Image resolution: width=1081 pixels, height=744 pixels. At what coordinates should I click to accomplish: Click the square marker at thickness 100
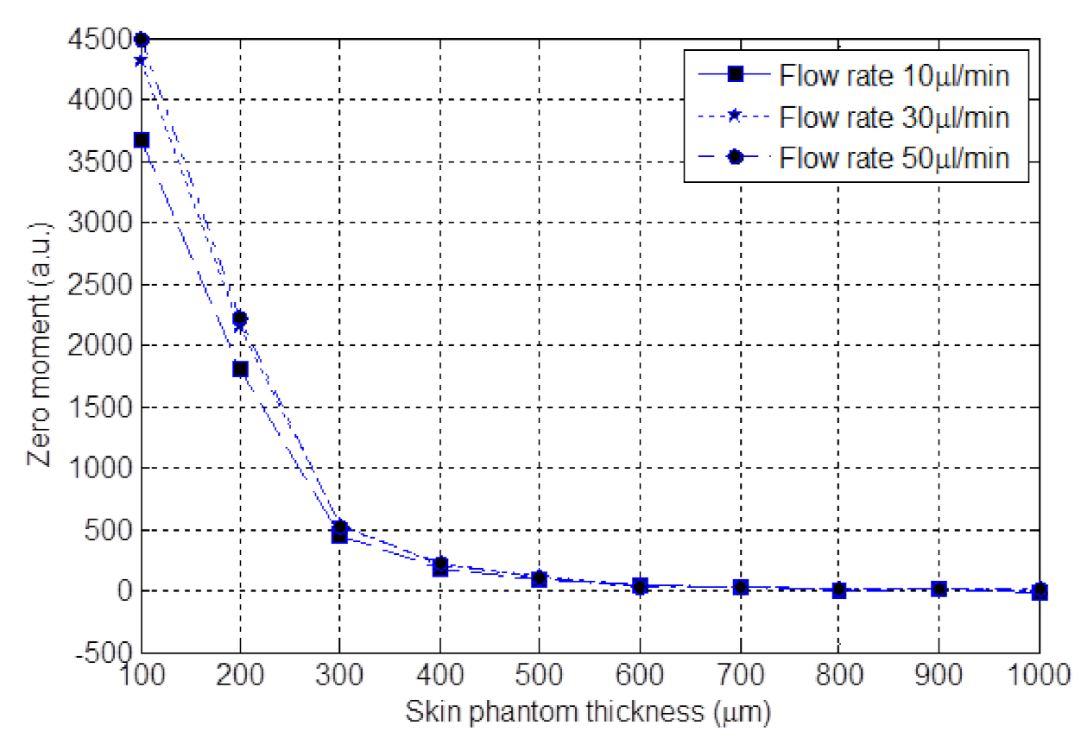tap(142, 140)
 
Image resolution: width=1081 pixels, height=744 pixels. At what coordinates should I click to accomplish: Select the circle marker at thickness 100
tap(142, 40)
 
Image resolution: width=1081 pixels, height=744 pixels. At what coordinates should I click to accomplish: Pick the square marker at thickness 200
tap(240, 369)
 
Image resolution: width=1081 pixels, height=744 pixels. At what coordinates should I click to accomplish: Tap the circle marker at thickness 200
tap(240, 318)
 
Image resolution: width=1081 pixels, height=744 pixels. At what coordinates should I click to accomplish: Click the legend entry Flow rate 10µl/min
tap(894, 76)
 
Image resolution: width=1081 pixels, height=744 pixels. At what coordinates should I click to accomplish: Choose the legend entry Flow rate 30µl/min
tap(894, 117)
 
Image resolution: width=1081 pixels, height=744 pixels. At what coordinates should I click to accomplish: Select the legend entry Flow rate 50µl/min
tap(894, 158)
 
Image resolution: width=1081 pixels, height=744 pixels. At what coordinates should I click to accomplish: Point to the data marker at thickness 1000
tap(1040, 591)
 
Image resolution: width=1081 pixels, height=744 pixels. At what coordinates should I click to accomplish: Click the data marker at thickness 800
tap(839, 590)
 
